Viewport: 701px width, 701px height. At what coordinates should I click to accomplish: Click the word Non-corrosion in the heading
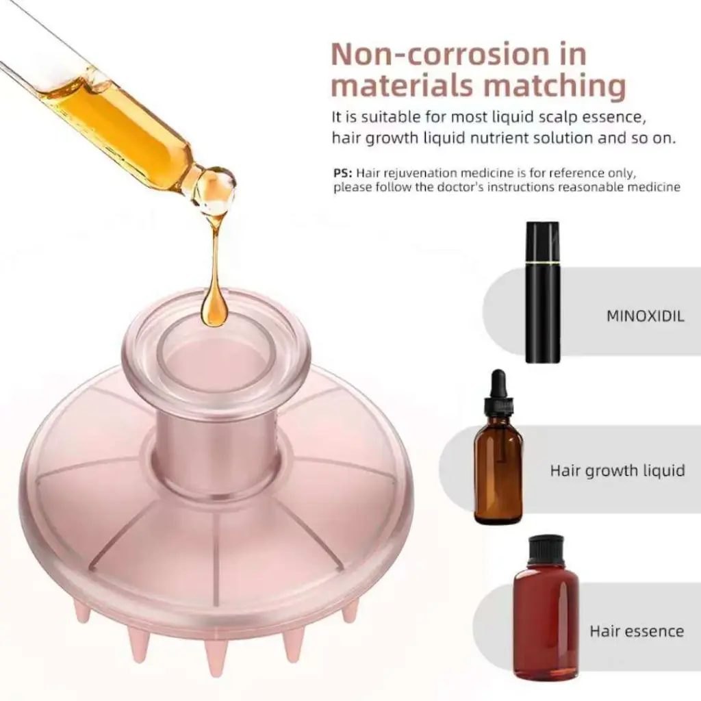[439, 55]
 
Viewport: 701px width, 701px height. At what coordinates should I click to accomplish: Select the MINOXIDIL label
[645, 316]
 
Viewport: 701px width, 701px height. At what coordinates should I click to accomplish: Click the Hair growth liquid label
[617, 471]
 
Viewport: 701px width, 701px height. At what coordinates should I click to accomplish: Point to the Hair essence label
[637, 630]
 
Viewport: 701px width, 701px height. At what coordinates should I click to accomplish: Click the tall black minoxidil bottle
[542, 292]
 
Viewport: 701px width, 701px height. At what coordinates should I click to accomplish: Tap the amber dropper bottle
[498, 447]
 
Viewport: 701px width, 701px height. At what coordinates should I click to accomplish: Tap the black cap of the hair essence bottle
[546, 550]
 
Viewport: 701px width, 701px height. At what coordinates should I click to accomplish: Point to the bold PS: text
[342, 173]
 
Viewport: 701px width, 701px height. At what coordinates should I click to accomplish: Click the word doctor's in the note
[459, 187]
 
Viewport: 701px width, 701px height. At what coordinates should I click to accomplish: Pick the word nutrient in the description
[505, 138]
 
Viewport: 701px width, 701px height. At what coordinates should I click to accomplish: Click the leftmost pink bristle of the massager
[82, 611]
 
